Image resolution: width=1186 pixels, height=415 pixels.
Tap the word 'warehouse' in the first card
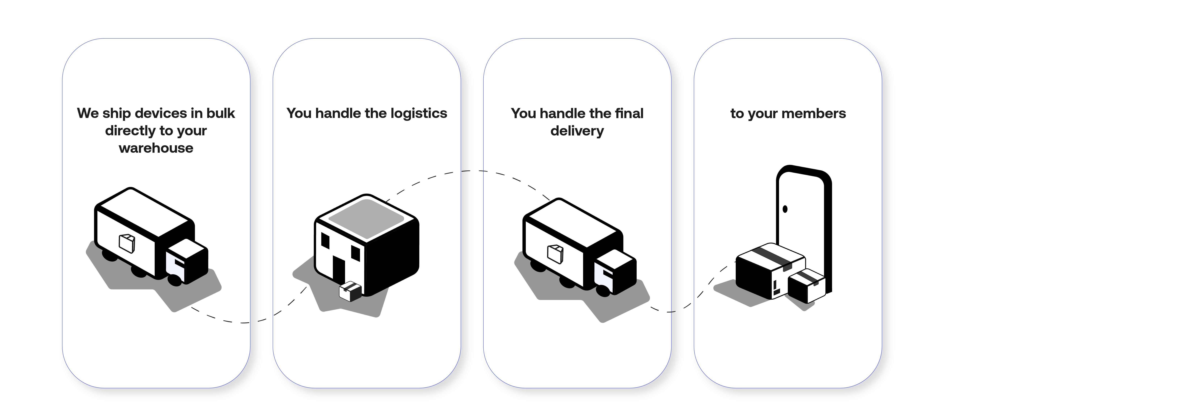156,148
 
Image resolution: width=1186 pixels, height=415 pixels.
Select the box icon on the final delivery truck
555,253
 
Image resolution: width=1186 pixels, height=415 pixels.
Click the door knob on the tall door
785,209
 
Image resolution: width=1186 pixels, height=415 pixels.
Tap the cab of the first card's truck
186,262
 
